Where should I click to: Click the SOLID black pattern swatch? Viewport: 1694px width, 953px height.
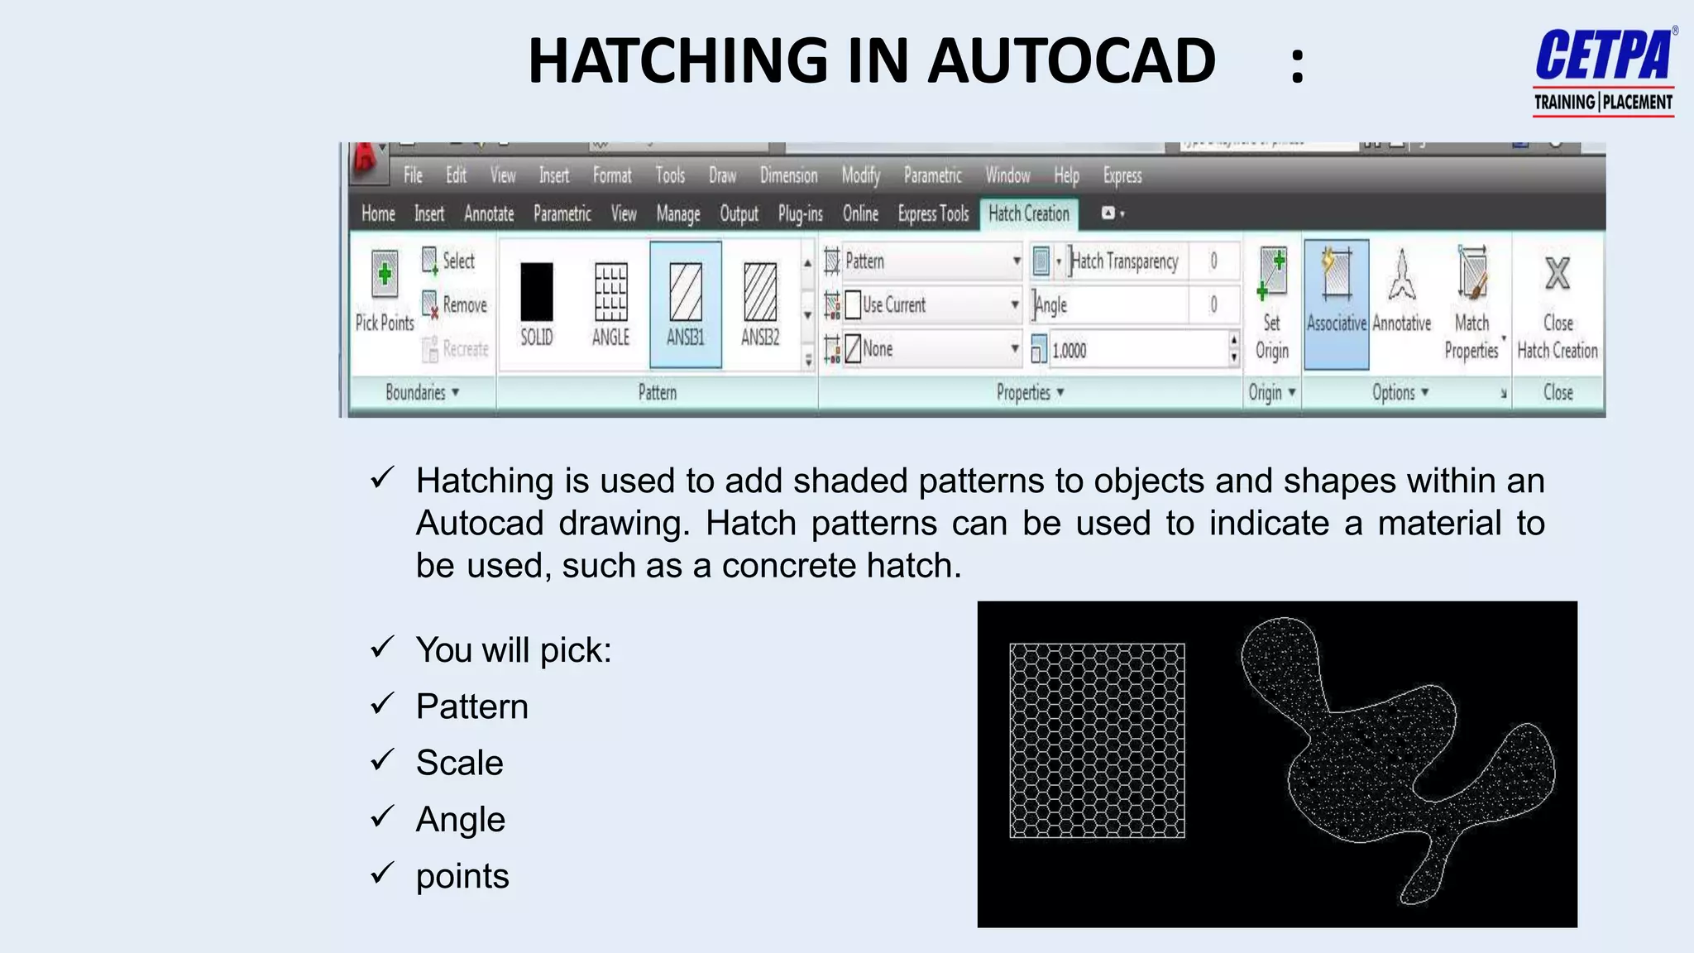pos(536,291)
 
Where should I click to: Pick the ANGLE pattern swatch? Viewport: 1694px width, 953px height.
pos(610,291)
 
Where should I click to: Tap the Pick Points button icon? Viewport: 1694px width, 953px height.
pos(385,274)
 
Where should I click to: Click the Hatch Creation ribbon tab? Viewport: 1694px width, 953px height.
pos(1028,213)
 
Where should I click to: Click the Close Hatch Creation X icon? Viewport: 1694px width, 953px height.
pos(1558,274)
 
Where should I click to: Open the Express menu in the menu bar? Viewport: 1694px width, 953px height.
pos(1122,175)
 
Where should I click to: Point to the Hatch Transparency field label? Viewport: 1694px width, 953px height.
pos(1124,261)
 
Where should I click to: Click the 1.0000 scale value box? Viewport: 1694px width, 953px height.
pos(1138,350)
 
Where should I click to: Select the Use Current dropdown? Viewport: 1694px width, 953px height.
pos(931,304)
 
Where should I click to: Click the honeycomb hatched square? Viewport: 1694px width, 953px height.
pos(1097,740)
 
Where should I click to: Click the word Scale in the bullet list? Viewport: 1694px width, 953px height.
pos(459,763)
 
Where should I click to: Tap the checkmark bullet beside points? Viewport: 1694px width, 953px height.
pos(382,872)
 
